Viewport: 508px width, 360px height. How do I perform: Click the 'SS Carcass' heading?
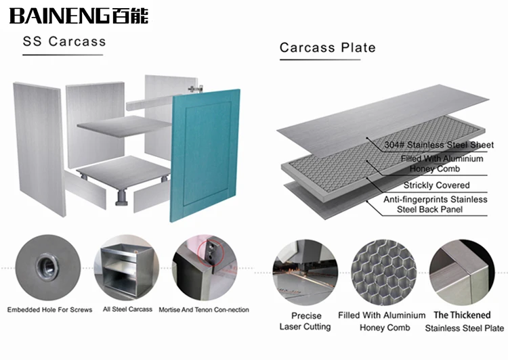(x=64, y=41)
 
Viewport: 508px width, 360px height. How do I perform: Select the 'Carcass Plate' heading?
(x=328, y=48)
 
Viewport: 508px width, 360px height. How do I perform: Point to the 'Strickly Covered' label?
(x=436, y=185)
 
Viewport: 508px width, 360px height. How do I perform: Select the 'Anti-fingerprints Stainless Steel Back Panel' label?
(x=435, y=204)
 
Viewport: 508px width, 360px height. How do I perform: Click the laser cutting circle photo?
(x=304, y=270)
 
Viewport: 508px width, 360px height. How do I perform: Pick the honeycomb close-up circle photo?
(x=383, y=270)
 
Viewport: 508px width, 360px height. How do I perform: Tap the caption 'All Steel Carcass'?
(x=127, y=310)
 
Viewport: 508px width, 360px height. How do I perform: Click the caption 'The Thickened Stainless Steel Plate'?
(x=463, y=321)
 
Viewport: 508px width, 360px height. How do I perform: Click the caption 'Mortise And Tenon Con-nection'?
(x=204, y=310)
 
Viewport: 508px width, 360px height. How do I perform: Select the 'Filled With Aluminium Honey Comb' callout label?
(x=440, y=164)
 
